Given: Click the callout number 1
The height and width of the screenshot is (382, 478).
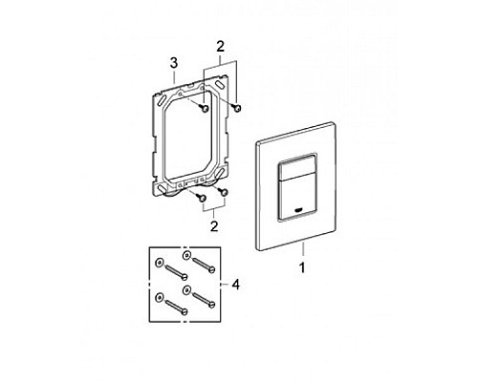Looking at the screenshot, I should click(x=304, y=269).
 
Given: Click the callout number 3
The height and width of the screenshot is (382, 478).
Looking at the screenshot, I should click(x=173, y=63).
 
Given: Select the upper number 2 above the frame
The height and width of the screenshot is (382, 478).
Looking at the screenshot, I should click(x=220, y=45).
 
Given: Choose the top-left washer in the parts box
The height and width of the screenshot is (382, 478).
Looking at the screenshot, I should click(x=159, y=262).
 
